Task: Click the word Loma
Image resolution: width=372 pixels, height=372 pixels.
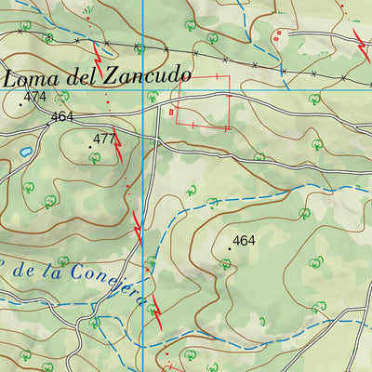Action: [32, 78]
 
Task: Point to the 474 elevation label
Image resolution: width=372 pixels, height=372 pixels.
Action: [35, 97]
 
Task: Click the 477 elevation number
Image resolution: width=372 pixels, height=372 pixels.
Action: [104, 139]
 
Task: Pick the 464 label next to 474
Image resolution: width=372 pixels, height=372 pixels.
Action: [62, 116]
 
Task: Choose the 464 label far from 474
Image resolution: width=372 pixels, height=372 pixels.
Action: [244, 241]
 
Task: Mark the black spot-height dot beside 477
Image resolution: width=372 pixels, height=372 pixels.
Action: [91, 147]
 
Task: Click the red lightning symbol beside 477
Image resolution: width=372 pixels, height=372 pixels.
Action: [118, 144]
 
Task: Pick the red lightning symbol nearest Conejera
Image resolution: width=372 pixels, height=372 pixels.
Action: [156, 314]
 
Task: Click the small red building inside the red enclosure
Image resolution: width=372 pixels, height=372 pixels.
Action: [171, 112]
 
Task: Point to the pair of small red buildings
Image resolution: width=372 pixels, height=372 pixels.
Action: [276, 36]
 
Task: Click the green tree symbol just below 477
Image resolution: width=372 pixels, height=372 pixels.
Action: [94, 159]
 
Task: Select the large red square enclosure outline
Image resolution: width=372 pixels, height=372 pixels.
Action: [204, 101]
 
